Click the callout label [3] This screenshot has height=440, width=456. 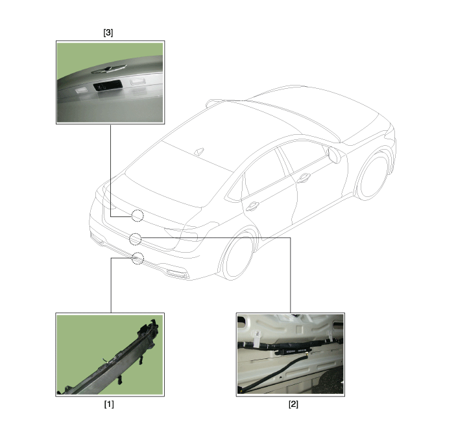pos(108,32)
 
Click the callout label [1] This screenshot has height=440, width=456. pos(109,404)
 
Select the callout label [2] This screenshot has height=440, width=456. pos(293,404)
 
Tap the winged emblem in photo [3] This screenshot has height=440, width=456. pos(109,69)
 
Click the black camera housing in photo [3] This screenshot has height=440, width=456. pos(108,86)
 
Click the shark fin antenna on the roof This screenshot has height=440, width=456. pos(199,152)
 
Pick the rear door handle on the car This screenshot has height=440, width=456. pos(252,206)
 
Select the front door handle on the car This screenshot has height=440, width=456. pos(304,178)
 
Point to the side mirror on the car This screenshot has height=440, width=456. pos(335,155)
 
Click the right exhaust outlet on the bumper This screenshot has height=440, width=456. pos(178,273)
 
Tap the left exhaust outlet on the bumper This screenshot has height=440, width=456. pos(97,238)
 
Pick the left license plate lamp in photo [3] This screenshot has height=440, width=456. pos(81,89)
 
